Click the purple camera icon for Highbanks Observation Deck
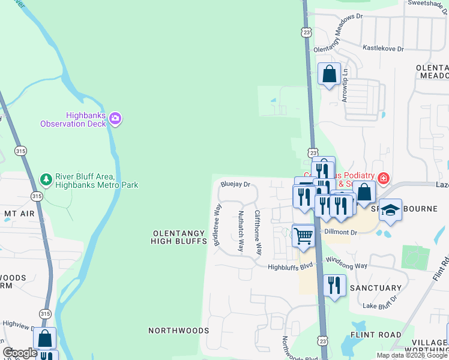115,119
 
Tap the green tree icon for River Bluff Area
46,179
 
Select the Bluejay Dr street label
235,185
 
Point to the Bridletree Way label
217,224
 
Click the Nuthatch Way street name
241,230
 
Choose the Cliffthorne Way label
258,231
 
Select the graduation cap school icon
390,210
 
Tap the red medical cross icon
383,178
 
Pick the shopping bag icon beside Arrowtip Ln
329,74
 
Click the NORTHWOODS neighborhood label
179,331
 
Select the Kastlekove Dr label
382,48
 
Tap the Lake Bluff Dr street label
383,306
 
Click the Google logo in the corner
20,353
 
